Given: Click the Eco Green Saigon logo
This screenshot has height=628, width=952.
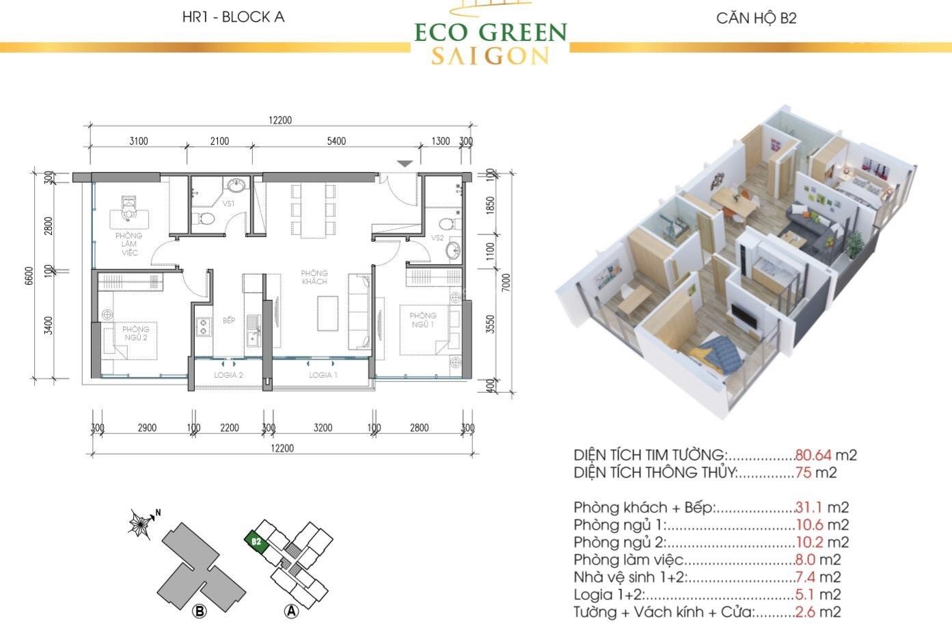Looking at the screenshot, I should point(490,38).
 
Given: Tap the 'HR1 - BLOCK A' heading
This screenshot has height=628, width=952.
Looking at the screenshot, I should point(233,17).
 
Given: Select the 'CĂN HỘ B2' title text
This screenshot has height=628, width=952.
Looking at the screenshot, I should point(756,18).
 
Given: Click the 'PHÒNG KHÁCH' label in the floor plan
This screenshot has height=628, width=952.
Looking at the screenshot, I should point(314,277).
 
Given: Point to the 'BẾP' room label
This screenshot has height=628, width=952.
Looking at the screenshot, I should point(228,320).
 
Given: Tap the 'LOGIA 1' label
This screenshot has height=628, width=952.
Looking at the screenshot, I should point(323,375).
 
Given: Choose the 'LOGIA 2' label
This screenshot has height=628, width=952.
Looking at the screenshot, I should point(228,375).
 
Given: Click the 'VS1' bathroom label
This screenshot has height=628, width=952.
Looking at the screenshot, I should point(228,204).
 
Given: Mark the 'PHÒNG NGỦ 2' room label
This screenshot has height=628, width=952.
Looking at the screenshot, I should point(135,333).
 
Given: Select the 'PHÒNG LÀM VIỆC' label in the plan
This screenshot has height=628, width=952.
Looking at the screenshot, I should point(129,244).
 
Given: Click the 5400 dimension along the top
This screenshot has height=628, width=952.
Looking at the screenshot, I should point(336,141).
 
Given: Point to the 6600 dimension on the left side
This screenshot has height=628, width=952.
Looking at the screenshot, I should point(29,275).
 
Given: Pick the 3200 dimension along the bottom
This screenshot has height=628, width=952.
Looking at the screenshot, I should point(323,428).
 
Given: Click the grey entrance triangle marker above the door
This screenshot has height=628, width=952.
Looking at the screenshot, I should point(405,163).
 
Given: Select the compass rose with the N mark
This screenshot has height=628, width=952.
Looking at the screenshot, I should point(141,524).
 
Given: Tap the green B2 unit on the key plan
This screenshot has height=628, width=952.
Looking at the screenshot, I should point(256,541).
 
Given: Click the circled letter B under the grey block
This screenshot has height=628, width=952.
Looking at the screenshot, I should point(200,611).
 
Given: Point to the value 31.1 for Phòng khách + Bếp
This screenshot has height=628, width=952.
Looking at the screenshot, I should point(809,508).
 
